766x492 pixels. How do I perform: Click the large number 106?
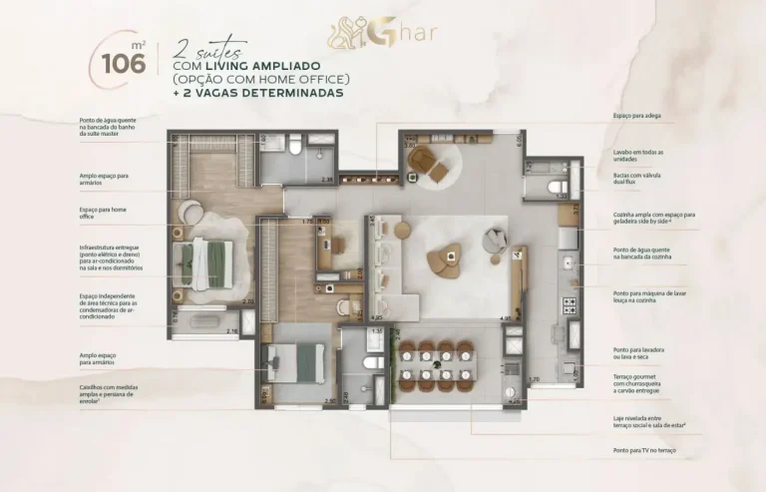coord(124,63)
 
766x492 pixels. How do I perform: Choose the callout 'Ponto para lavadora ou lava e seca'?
coord(637,353)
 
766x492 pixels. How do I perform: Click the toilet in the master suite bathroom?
coord(296,150)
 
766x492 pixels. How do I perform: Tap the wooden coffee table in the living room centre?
coord(443,261)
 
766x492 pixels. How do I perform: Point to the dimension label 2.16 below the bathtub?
coord(232,331)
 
